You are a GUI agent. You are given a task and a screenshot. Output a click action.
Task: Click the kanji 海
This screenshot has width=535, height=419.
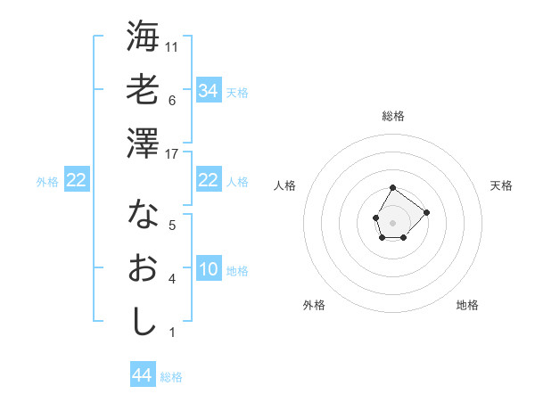(x=143, y=37)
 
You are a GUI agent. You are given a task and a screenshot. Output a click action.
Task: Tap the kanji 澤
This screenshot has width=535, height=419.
(x=143, y=143)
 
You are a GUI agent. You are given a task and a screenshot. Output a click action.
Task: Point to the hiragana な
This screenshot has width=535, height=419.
(x=143, y=214)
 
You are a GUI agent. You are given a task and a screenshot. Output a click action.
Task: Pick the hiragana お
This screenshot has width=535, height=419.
(x=143, y=267)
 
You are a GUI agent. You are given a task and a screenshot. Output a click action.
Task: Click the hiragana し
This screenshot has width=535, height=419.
(x=143, y=321)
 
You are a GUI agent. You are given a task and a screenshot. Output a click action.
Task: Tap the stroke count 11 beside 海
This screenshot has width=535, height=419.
(x=173, y=46)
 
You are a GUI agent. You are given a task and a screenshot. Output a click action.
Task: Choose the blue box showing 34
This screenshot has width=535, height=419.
(x=208, y=91)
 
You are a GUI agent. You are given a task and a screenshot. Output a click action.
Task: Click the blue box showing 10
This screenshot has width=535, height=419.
(x=208, y=270)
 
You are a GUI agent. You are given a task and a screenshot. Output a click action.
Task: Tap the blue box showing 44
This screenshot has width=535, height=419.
(x=142, y=375)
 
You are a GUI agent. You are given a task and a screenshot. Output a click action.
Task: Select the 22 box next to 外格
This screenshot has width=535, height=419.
(x=76, y=181)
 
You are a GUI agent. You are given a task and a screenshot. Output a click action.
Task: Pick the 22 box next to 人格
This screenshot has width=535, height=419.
(x=208, y=180)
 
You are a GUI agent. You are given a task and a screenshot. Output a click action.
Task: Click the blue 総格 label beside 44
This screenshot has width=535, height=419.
(x=171, y=377)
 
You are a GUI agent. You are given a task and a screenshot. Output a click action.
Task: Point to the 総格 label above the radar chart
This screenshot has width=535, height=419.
(x=393, y=116)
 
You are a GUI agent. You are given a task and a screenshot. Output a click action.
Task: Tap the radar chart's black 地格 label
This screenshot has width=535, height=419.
(x=467, y=305)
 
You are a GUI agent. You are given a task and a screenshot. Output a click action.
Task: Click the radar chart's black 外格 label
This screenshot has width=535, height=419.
(x=314, y=305)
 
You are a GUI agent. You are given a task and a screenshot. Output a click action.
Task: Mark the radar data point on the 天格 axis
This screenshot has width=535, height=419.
(x=426, y=212)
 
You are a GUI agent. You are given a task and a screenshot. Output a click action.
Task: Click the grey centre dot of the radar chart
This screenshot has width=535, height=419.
(x=392, y=221)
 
